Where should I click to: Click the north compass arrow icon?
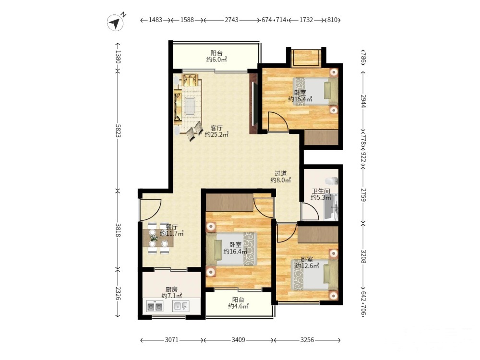tap(115, 23)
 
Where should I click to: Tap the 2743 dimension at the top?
tap(231, 20)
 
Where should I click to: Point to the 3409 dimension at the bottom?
tap(238, 340)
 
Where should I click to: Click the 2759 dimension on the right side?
tap(363, 195)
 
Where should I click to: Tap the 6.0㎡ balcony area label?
tap(216, 60)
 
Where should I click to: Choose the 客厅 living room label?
tap(216, 128)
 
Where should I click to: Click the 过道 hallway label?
tap(280, 174)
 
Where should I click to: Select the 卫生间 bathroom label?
tap(321, 191)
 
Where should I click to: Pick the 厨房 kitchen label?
tap(171, 289)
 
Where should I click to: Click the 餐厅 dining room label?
tap(172, 227)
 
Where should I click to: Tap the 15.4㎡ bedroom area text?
tap(300, 99)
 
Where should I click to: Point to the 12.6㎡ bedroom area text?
tap(307, 266)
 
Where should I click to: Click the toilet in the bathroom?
tap(332, 180)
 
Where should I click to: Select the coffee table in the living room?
tap(190, 106)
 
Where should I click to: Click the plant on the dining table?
tap(154, 238)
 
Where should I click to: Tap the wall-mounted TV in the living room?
tap(253, 104)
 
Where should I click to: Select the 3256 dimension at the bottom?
tap(307, 340)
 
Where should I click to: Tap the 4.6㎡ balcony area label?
tap(238, 306)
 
